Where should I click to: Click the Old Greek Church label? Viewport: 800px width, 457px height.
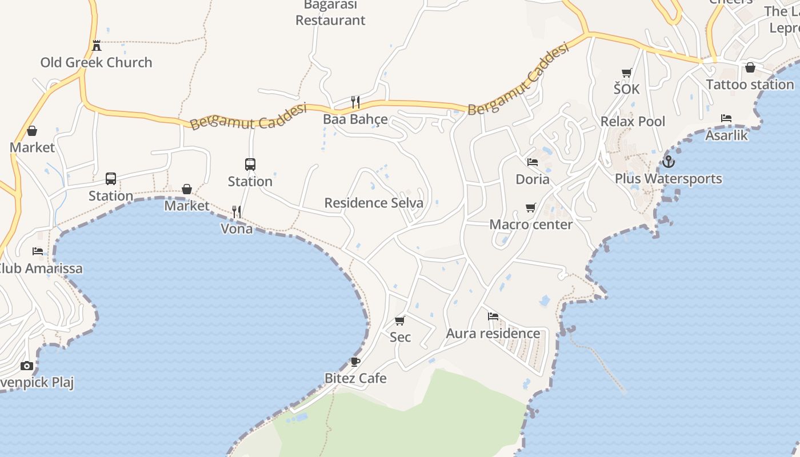point(96,62)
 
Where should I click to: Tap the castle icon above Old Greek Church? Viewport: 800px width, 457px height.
point(97,45)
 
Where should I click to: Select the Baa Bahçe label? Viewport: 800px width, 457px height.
point(355,119)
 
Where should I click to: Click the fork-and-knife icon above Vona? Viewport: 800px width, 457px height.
point(237,211)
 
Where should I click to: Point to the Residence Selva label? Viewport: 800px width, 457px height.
point(374,203)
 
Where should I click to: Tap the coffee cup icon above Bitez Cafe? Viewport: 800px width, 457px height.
point(355,362)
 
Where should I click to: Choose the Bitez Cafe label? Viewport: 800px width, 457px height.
point(355,378)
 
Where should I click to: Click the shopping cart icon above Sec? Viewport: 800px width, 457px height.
point(400,320)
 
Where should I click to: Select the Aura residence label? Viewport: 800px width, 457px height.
point(493,333)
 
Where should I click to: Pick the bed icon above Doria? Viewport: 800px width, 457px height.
point(533,162)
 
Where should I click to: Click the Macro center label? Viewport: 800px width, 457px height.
point(531,225)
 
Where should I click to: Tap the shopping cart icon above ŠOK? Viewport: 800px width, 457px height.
point(626,73)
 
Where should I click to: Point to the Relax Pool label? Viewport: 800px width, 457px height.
point(633,121)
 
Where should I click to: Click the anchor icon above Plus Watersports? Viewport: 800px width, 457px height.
point(669,162)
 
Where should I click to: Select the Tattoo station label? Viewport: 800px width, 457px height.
point(750,85)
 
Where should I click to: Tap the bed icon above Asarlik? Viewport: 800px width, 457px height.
point(726,118)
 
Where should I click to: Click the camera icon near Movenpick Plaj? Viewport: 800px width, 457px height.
point(27,366)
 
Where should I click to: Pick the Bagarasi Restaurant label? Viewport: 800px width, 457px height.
point(330,13)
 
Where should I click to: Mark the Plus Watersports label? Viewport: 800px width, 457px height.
point(668,179)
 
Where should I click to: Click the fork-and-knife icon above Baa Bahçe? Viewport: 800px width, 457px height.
point(355,102)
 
